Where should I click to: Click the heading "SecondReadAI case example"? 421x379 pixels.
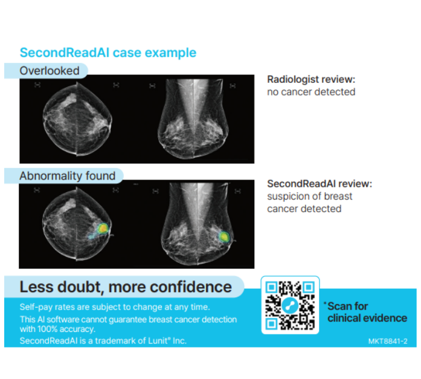pyautogui.click(x=108, y=53)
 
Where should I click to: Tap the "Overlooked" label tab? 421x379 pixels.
pyautogui.click(x=46, y=71)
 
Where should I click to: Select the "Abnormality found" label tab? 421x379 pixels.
pyautogui.click(x=64, y=176)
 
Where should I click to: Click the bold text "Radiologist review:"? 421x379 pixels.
pyautogui.click(x=311, y=80)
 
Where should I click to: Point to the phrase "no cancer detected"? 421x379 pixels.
pyautogui.click(x=311, y=92)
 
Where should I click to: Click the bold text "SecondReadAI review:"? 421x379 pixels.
pyautogui.click(x=320, y=184)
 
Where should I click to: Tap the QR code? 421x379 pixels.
pyautogui.click(x=290, y=305)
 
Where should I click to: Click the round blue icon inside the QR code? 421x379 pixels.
pyautogui.click(x=290, y=305)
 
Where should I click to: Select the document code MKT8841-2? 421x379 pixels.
pyautogui.click(x=388, y=341)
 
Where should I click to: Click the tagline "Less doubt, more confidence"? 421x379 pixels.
pyautogui.click(x=126, y=287)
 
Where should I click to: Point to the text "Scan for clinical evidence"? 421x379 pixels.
pyautogui.click(x=367, y=312)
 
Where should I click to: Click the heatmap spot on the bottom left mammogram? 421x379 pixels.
pyautogui.click(x=102, y=229)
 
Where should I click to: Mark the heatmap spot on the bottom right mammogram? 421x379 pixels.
pyautogui.click(x=223, y=237)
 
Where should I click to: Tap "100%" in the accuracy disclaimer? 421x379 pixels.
pyautogui.click(x=47, y=329)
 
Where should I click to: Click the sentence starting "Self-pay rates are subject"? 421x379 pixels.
pyautogui.click(x=115, y=307)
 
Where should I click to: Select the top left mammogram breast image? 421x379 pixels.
pyautogui.click(x=77, y=118)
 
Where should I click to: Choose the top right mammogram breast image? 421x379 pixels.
pyautogui.click(x=193, y=118)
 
